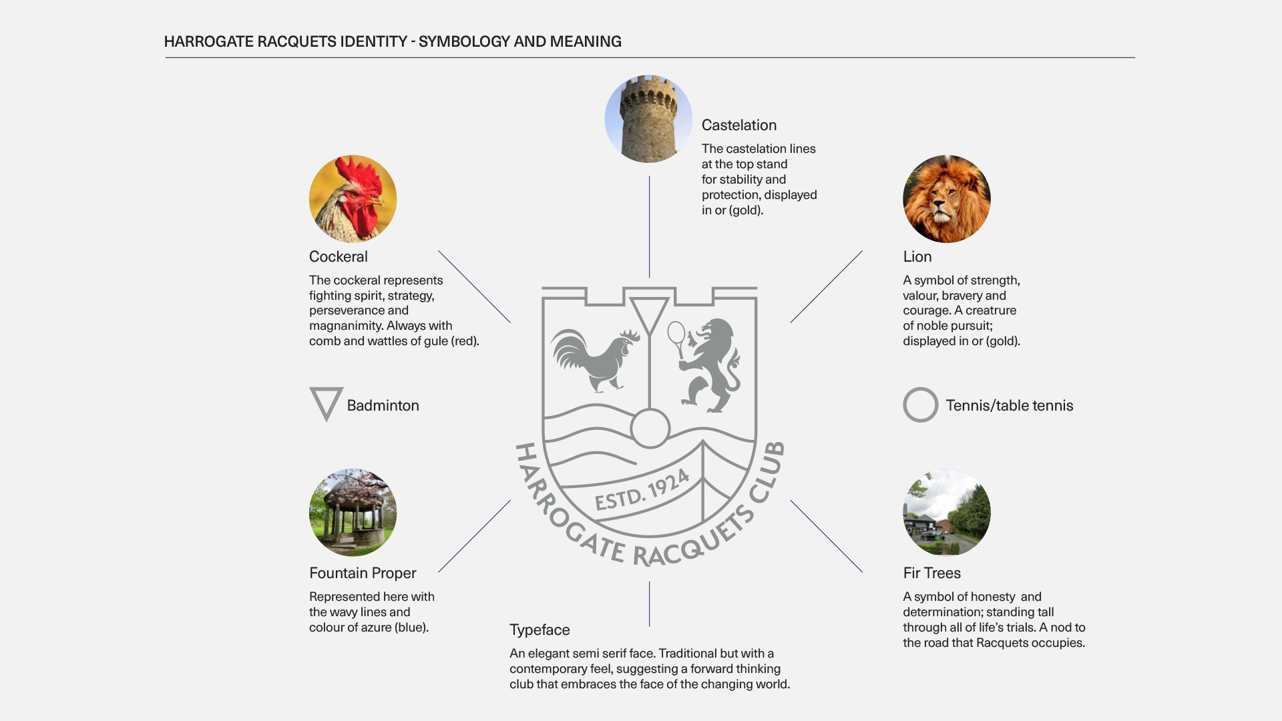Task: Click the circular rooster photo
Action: pos(353,199)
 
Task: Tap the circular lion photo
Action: pos(946,199)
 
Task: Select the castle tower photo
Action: pos(648,119)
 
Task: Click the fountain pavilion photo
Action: pos(353,512)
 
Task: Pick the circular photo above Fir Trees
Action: pos(946,512)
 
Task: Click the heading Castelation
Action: pos(738,126)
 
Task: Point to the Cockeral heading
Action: pos(338,257)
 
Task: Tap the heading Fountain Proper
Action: pos(363,573)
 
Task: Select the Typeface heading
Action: pos(540,630)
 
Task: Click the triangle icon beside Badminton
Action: pos(326,403)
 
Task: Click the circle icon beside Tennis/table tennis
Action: pos(920,405)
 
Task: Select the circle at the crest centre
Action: pos(650,429)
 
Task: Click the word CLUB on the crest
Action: pos(768,471)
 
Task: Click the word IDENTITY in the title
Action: pos(373,41)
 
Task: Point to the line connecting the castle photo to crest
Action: pos(649,227)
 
